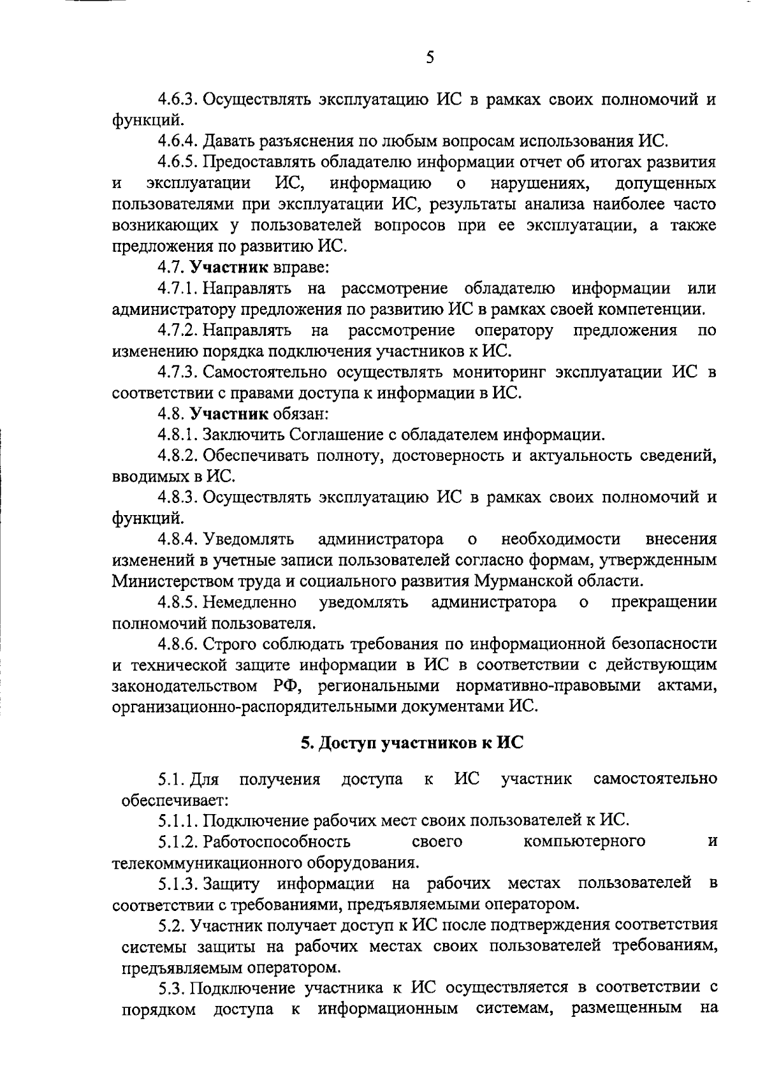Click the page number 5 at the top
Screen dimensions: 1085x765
pos(429,58)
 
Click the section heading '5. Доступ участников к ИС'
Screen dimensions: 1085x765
pos(412,743)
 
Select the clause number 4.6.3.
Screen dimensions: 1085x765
pos(179,100)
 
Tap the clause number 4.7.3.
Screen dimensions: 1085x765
pos(179,372)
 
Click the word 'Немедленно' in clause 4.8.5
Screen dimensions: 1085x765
pos(249,602)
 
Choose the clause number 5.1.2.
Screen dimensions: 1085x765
pos(179,841)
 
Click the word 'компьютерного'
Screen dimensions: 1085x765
pos(584,841)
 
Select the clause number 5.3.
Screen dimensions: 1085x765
pos(173,989)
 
